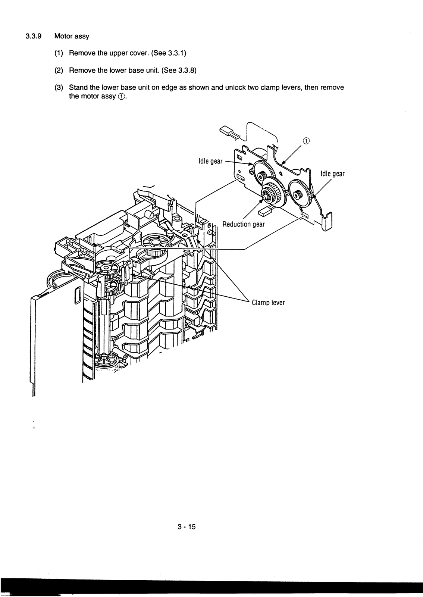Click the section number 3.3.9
coord(33,37)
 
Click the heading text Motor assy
coord(72,37)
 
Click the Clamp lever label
coord(268,302)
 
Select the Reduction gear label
coord(243,224)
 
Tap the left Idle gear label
coord(210,161)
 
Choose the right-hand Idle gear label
coord(332,174)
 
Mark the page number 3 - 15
coord(187,527)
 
